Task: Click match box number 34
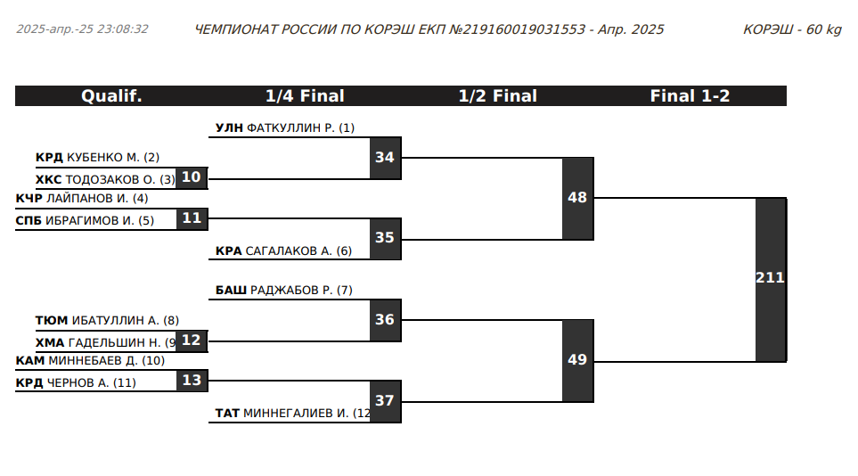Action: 385,158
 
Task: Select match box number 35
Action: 385,238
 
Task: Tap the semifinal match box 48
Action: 577,198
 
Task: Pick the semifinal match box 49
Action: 577,360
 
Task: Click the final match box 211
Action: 771,278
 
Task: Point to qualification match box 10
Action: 192,177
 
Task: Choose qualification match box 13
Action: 192,380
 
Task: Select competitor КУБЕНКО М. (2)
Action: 113,158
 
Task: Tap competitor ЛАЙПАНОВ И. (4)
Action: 96,198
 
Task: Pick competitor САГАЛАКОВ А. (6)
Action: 298,251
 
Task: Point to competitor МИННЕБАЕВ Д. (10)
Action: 106,361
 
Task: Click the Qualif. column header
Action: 111,96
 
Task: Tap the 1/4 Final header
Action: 305,96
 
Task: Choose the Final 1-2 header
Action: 690,96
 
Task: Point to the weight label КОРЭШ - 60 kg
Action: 792,29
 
